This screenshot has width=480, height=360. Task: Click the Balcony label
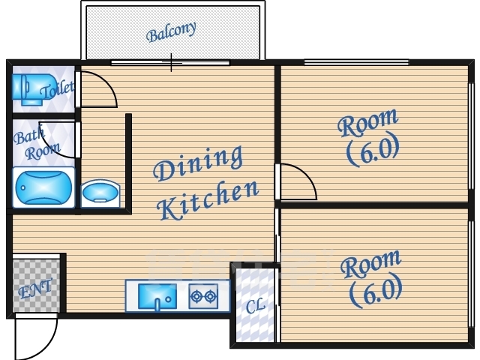(171, 31)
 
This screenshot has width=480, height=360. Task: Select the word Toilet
(58, 89)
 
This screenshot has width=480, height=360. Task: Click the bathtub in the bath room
(43, 187)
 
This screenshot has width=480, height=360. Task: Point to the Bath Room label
(36, 143)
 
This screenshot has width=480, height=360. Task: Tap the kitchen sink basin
(157, 296)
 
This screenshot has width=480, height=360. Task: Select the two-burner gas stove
(203, 296)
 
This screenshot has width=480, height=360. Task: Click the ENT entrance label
(35, 288)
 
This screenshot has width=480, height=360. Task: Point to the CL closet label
(255, 306)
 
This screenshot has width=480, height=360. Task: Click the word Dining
(198, 163)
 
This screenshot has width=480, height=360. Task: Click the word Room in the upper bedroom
(368, 122)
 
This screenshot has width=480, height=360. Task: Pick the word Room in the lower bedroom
(370, 264)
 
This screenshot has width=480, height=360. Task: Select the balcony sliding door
(170, 63)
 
